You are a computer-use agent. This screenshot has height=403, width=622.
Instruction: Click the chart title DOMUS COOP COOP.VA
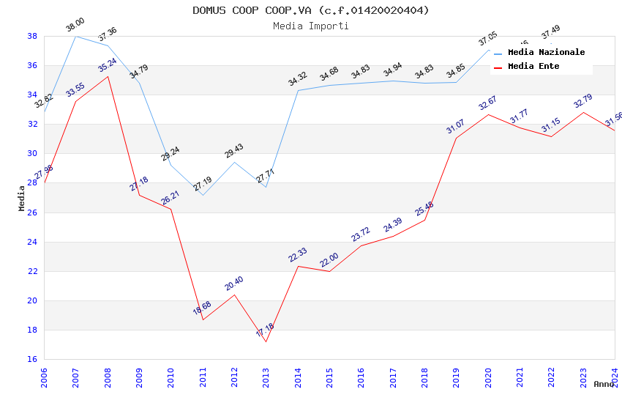coord(311,10)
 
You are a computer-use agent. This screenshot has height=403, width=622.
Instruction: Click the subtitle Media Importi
coord(311,26)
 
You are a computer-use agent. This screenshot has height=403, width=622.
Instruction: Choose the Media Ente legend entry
coord(533,66)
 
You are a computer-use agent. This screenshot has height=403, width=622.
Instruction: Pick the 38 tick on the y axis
coord(33,36)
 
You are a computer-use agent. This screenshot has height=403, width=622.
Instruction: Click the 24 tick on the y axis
coord(33,242)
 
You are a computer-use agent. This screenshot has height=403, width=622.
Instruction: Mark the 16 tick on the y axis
coord(33,359)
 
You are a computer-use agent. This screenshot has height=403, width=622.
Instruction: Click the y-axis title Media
coord(22,198)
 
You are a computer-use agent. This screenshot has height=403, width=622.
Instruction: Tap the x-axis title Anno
coord(604,384)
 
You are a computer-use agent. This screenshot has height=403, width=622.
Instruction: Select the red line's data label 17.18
coord(265,331)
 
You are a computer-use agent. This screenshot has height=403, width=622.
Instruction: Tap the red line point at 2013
coord(266,341)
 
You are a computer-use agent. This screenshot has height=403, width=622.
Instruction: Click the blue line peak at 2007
coord(76,36)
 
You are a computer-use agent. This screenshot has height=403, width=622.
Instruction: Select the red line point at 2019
coord(457,138)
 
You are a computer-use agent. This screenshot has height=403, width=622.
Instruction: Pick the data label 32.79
coord(582,101)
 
